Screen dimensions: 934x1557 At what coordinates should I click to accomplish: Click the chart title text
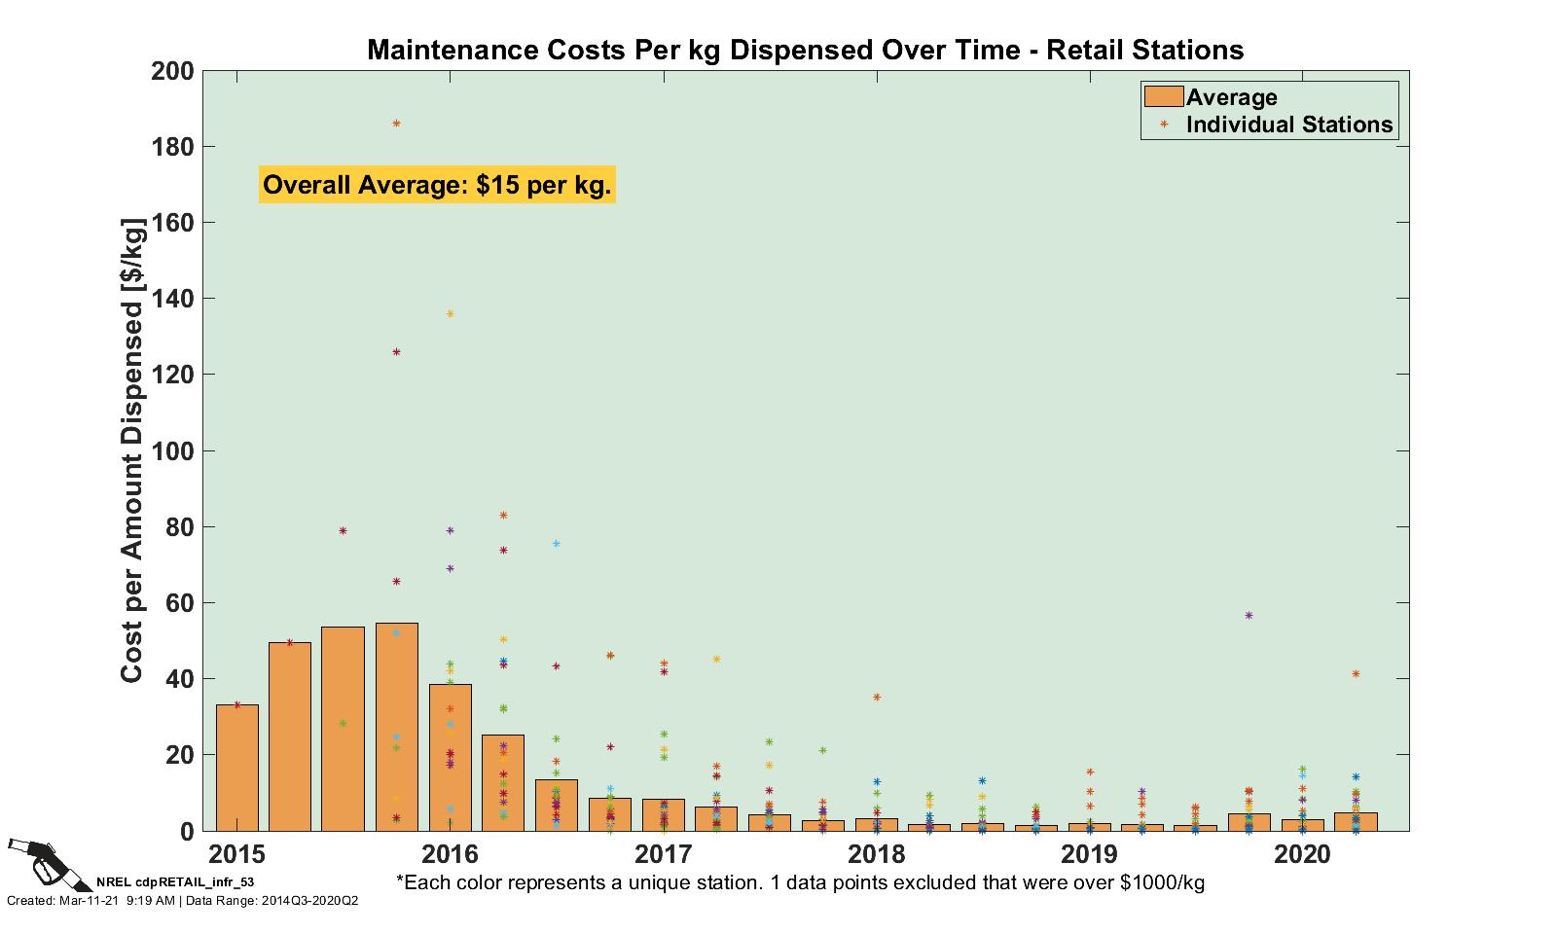805,50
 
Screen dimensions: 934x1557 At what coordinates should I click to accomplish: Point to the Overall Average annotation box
437,185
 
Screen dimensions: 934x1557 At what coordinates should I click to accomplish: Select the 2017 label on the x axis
663,855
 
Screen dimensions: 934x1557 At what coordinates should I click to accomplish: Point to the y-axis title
132,450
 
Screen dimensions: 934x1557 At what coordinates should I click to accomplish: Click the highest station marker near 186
396,124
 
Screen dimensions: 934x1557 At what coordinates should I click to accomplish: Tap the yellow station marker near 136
450,313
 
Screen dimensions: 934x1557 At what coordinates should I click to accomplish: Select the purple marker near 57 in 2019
1249,615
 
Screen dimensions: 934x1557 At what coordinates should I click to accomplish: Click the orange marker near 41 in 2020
1356,673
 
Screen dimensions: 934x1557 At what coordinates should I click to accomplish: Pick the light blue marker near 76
556,543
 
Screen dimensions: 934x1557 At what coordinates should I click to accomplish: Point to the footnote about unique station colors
800,882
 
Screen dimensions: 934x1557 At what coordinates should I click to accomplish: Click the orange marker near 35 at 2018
877,697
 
